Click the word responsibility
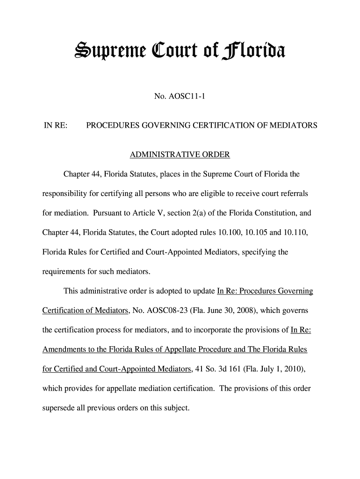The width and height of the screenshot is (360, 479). point(64,194)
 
